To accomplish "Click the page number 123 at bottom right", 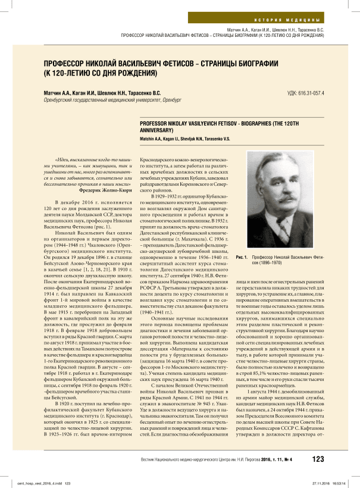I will tap(318, 459).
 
